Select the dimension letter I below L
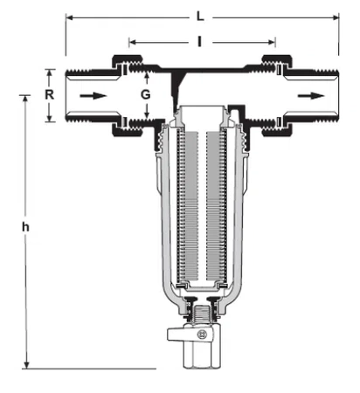point(202,40)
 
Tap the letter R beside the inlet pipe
point(51,92)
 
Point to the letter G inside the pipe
point(146,93)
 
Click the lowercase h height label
point(26,226)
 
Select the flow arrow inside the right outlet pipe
point(307,93)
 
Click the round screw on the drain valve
point(203,334)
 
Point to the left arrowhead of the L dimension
point(70,16)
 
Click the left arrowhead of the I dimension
point(133,40)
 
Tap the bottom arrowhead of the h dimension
point(27,362)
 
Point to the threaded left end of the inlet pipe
point(73,94)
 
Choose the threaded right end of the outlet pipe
point(331,94)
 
